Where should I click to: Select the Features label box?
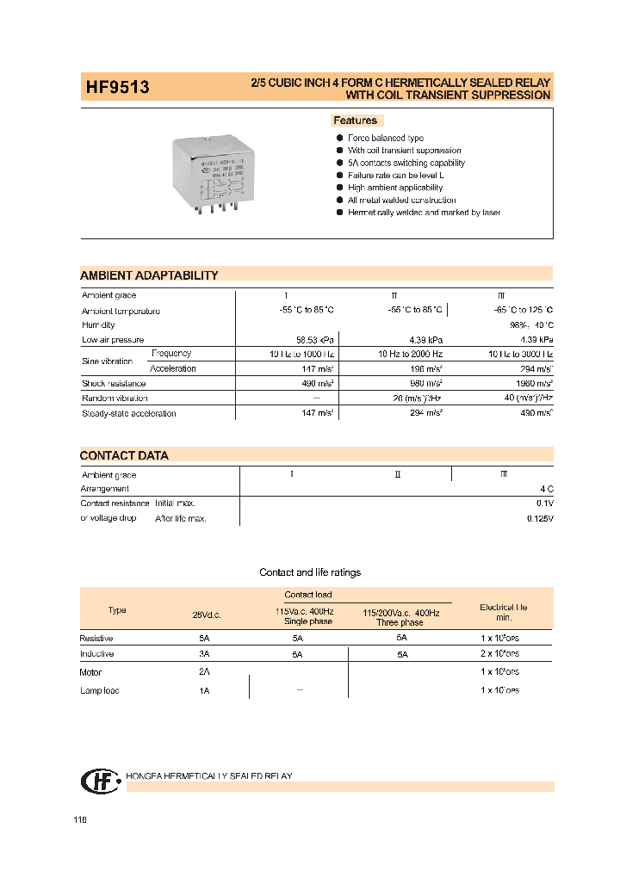tap(356, 120)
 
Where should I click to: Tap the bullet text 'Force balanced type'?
tap(385, 138)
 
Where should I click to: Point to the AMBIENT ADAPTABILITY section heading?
tap(149, 275)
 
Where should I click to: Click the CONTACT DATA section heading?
tap(124, 455)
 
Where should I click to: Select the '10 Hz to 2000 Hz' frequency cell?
tap(410, 354)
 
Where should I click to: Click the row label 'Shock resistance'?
tap(115, 383)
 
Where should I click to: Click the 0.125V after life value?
tap(540, 519)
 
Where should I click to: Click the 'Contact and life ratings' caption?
tap(310, 572)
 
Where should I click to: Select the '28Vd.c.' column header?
tap(208, 615)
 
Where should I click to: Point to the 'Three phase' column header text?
tap(400, 622)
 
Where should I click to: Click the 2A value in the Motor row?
tap(204, 671)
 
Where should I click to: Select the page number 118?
tap(80, 820)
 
